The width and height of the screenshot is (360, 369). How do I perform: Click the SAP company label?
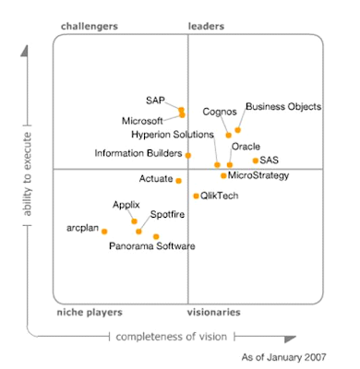pyautogui.click(x=154, y=100)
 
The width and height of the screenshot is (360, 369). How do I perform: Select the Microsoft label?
pyautogui.click(x=142, y=121)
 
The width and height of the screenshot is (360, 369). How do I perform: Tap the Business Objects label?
pyautogui.click(x=283, y=107)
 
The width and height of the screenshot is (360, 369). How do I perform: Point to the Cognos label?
pyautogui.click(x=219, y=113)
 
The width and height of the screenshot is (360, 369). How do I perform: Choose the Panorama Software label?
pyautogui.click(x=151, y=246)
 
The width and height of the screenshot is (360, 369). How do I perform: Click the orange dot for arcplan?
pyautogui.click(x=104, y=232)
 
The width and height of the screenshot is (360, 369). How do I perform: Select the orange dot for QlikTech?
pyautogui.click(x=196, y=196)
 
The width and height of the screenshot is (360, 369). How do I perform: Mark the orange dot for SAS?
pyautogui.click(x=256, y=161)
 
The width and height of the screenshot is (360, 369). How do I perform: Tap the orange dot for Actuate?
pyautogui.click(x=179, y=181)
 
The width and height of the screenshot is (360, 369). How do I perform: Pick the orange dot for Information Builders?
pyautogui.click(x=188, y=155)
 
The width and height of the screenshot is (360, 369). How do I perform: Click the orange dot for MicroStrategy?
pyautogui.click(x=223, y=175)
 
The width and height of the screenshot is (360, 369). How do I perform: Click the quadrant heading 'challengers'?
pyautogui.click(x=89, y=27)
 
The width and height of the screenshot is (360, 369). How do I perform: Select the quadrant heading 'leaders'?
pyautogui.click(x=207, y=27)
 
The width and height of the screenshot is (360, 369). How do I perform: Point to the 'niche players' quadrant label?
pyautogui.click(x=90, y=313)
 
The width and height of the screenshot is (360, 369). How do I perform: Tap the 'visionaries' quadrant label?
pyautogui.click(x=216, y=313)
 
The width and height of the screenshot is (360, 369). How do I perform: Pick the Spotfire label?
pyautogui.click(x=166, y=215)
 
